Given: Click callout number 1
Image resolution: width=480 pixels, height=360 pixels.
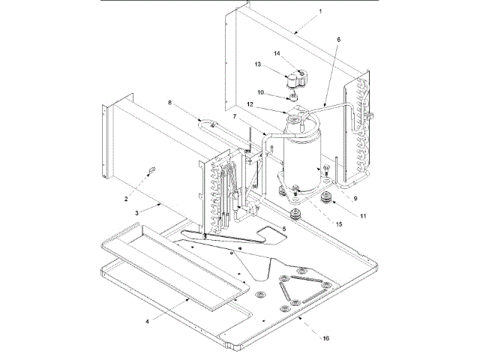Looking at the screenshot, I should (298, 12).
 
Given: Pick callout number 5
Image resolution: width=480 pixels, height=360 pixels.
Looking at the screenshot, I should (284, 229).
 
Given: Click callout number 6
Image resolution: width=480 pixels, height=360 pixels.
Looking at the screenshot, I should (337, 39).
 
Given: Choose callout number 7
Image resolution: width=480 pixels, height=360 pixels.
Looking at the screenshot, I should (235, 118).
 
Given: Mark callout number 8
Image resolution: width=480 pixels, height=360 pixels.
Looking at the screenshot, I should (169, 103).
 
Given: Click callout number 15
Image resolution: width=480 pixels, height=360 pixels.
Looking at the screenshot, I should (339, 224).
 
